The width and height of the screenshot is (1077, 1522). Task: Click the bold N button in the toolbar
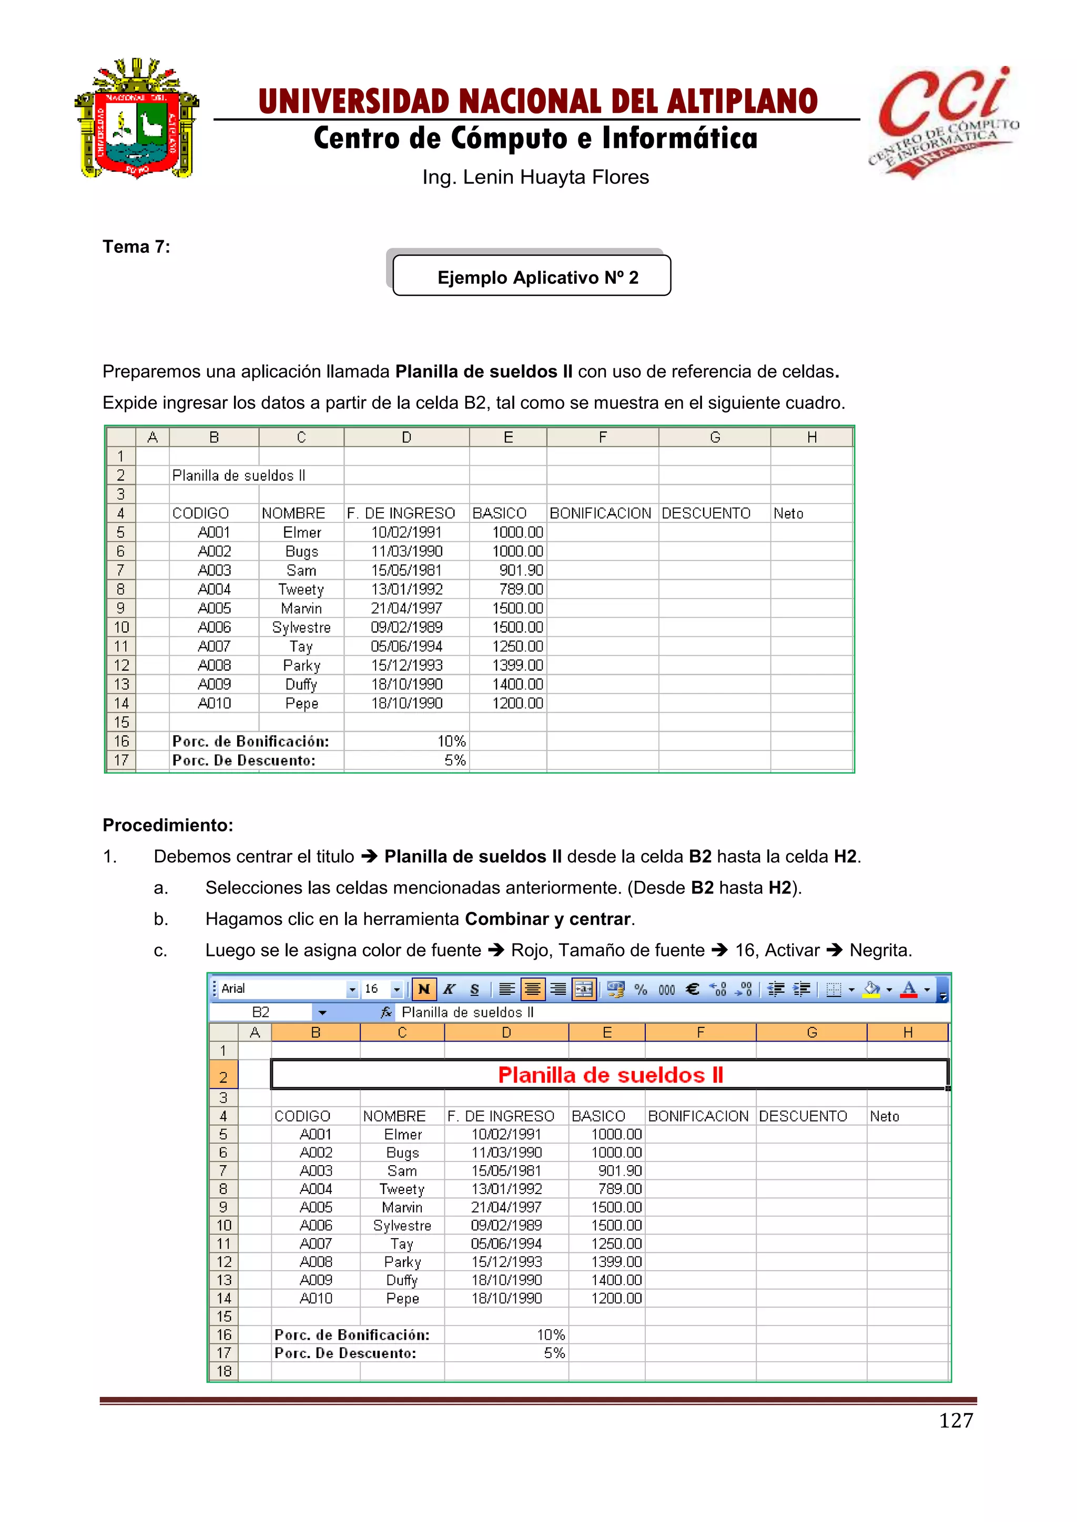point(424,989)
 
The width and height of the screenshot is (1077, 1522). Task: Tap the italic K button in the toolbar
point(449,989)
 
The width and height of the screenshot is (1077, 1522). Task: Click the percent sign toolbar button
point(641,989)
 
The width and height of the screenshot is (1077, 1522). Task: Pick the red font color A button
point(909,989)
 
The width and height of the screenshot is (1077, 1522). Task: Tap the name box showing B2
point(261,1012)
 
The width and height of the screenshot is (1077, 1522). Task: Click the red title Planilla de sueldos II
point(610,1075)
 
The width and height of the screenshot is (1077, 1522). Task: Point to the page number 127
point(956,1420)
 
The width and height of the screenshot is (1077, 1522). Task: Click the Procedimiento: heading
point(168,825)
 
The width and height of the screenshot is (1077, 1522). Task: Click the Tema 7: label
point(136,246)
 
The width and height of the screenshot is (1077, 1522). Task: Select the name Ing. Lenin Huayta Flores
point(535,177)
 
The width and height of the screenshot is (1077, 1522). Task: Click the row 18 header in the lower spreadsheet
point(223,1371)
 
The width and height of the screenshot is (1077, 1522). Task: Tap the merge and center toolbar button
point(584,989)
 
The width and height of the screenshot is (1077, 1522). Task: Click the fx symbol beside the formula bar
point(386,1012)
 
